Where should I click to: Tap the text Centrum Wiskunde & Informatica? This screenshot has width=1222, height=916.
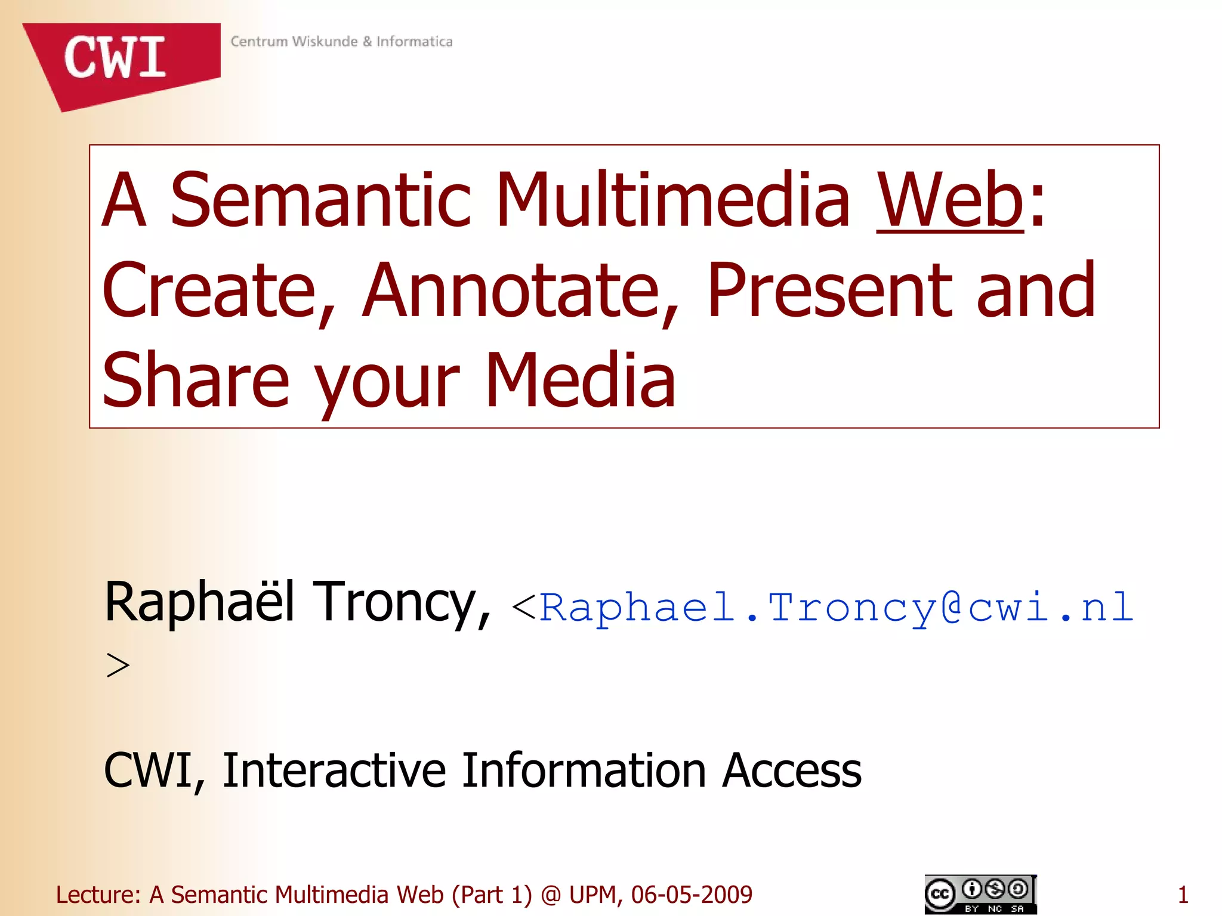click(341, 41)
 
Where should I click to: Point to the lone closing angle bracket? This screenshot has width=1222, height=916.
click(118, 666)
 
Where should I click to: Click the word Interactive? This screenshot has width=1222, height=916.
click(334, 770)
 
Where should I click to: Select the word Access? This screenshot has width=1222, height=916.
click(792, 770)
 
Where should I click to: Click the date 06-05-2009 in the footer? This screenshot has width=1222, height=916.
click(692, 895)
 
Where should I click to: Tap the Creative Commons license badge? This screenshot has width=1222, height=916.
click(980, 894)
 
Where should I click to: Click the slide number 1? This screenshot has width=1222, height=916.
click(1183, 895)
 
